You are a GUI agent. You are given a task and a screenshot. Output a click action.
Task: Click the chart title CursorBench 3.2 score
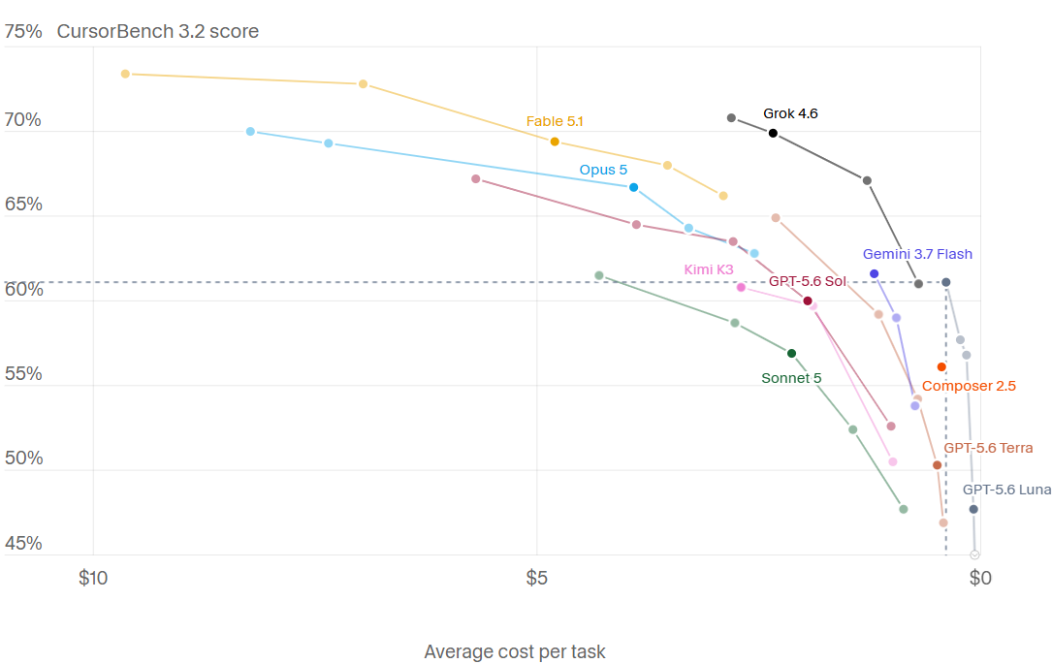click(x=158, y=32)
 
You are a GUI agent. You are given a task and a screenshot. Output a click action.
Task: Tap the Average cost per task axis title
click(x=515, y=651)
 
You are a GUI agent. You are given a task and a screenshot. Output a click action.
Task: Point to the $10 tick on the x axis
click(x=93, y=578)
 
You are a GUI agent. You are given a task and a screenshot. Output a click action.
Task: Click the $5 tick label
click(x=537, y=578)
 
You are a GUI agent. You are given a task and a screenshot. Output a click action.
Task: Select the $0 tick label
click(x=980, y=578)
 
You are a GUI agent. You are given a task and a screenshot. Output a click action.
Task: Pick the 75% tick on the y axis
click(x=23, y=32)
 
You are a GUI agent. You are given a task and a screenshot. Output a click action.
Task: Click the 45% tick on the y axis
click(x=23, y=543)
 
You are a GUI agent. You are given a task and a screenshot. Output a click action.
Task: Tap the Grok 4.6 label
click(x=790, y=113)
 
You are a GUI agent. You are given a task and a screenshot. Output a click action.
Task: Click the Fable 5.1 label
click(x=555, y=121)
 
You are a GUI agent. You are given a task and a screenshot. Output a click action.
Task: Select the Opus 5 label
click(x=603, y=170)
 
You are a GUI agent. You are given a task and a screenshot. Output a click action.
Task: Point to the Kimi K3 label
click(x=709, y=269)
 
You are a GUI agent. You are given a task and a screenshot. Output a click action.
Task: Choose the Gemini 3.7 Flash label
click(x=917, y=254)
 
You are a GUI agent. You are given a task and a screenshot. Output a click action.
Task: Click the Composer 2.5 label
click(x=969, y=386)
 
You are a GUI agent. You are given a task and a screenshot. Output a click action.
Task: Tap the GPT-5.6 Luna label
click(x=1006, y=490)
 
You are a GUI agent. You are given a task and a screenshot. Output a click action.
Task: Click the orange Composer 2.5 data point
click(x=942, y=366)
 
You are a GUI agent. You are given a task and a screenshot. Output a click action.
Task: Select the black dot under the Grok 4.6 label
click(x=773, y=134)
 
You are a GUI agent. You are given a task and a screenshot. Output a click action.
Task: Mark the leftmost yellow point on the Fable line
click(x=125, y=74)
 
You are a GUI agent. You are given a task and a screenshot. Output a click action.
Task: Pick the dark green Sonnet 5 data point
click(x=792, y=354)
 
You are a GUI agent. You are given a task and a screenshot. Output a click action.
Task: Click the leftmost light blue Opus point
click(x=250, y=132)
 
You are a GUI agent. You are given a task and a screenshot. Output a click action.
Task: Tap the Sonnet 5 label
click(x=791, y=378)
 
